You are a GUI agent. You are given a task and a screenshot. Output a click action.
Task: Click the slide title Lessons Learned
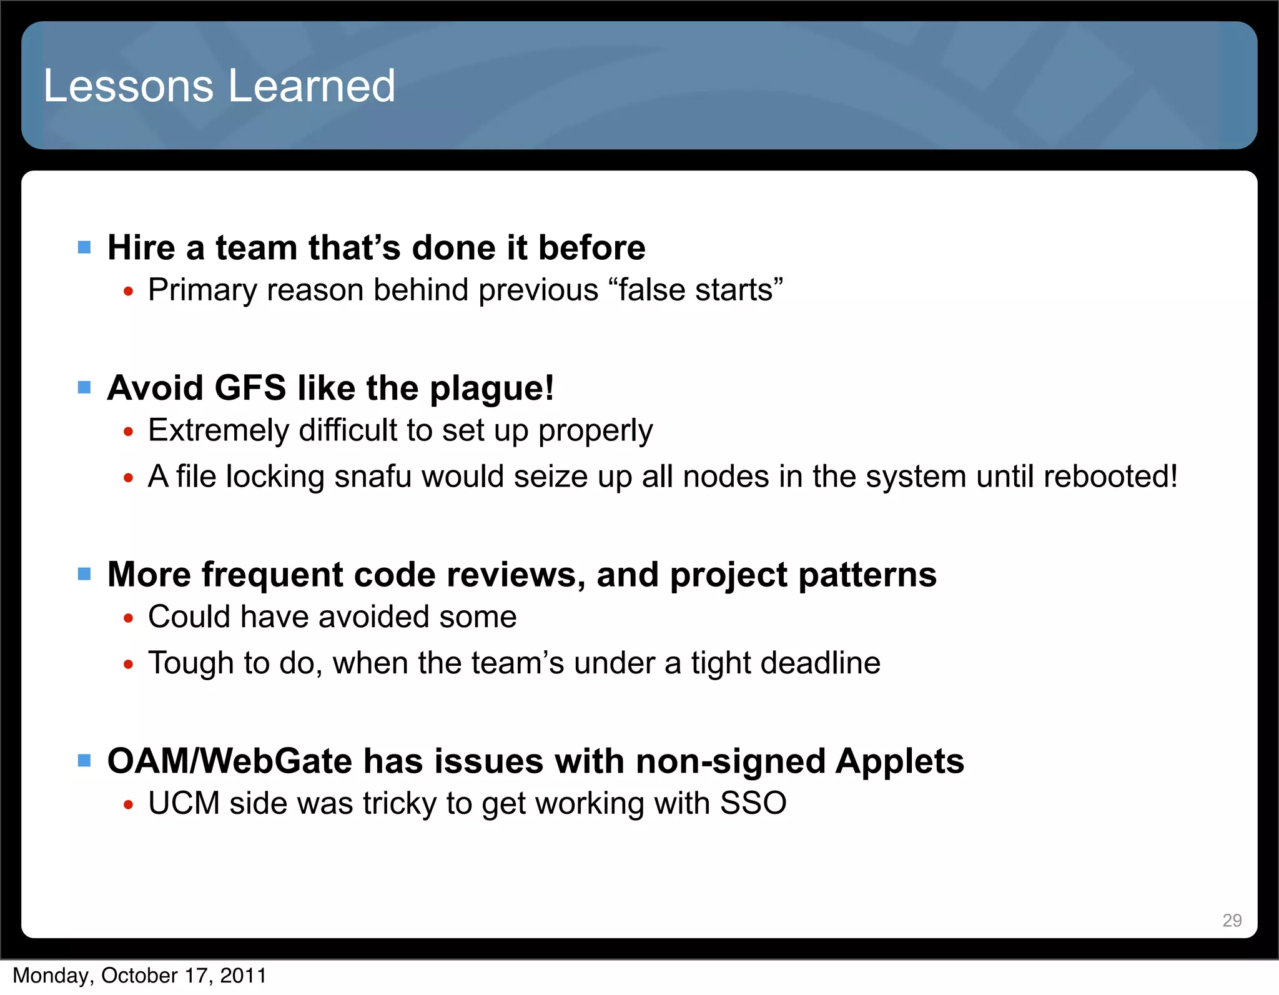(x=219, y=86)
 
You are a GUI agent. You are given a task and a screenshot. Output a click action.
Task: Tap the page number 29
(x=1232, y=920)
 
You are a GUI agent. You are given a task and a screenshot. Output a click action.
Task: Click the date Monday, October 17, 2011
(x=140, y=976)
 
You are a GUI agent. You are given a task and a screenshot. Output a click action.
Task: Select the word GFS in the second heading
(x=250, y=388)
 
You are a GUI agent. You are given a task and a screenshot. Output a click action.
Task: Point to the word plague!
(x=491, y=389)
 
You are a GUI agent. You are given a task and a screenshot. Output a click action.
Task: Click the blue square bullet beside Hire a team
(x=84, y=247)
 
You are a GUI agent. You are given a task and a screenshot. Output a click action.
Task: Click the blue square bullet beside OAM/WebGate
(x=84, y=760)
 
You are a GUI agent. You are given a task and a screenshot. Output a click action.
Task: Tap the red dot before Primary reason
(x=129, y=292)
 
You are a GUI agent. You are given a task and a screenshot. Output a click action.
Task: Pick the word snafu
(x=373, y=477)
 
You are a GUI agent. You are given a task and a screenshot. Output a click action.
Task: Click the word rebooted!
(x=1110, y=477)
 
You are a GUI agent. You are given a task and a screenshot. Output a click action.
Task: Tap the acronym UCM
(x=184, y=803)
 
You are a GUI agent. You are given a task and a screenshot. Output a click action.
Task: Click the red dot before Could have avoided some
(x=129, y=618)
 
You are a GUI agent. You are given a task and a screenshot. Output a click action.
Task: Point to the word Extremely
(x=218, y=431)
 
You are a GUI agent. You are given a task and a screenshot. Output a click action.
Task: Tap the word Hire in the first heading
(x=141, y=247)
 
